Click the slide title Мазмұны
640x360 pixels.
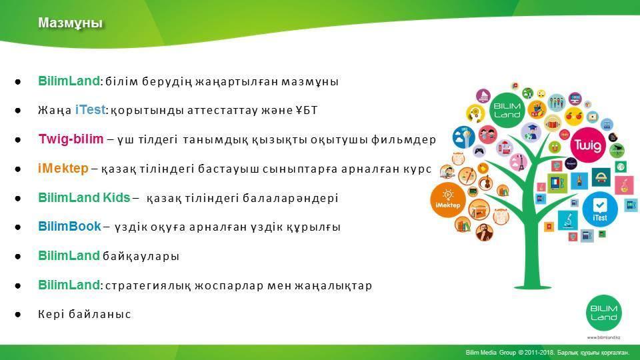[x=70, y=23]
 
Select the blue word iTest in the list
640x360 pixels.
[x=90, y=110]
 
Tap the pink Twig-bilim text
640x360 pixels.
[x=71, y=139]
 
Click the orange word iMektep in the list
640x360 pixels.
[x=63, y=168]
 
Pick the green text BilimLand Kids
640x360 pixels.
[x=84, y=197]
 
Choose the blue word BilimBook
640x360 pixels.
[x=69, y=227]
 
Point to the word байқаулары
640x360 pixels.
[x=141, y=256]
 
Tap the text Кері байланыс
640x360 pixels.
[x=85, y=314]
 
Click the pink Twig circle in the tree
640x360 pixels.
[x=588, y=145]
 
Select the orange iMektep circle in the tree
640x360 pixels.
[x=448, y=199]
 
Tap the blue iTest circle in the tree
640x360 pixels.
[x=599, y=209]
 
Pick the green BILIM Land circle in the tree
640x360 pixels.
[x=507, y=110]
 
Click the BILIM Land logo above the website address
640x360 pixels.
[x=604, y=313]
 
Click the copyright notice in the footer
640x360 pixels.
[x=547, y=352]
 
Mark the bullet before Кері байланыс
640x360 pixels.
[x=18, y=314]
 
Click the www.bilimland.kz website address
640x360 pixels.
[x=604, y=337]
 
